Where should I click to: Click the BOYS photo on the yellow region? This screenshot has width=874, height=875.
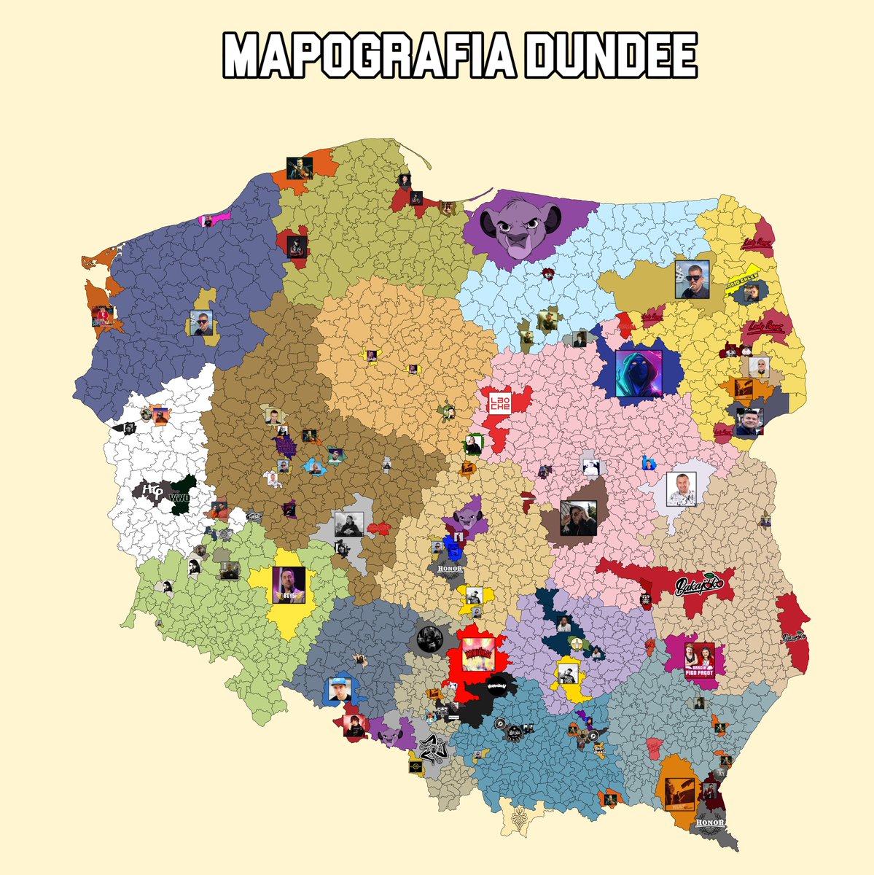click(x=289, y=584)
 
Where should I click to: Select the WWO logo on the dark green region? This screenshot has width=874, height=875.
click(x=179, y=497)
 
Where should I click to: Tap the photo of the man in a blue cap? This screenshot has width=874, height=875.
click(x=340, y=690)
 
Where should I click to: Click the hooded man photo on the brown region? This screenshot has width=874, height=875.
click(x=578, y=517)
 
